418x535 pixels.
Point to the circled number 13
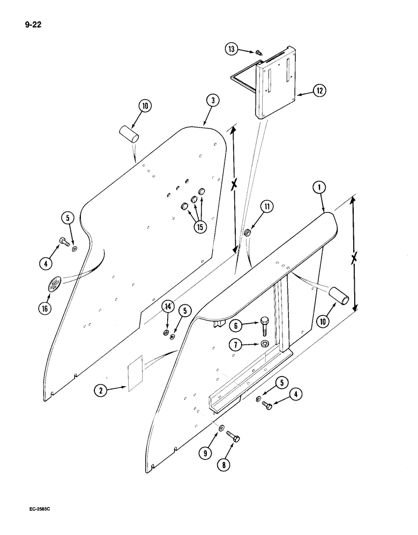(x=231, y=50)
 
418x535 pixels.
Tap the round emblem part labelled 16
(x=54, y=285)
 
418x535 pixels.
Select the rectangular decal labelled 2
(x=135, y=373)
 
